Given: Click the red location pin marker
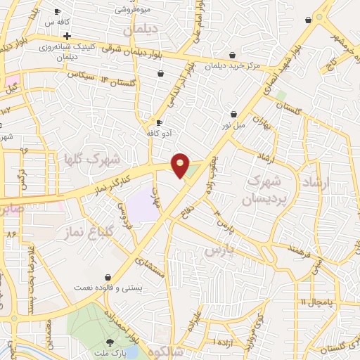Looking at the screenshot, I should pyautogui.click(x=181, y=165).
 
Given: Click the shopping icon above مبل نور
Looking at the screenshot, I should pyautogui.click(x=234, y=114).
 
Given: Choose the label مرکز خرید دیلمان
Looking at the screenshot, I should pyautogui.click(x=233, y=65).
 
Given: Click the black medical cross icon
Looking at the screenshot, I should pyautogui.click(x=66, y=35).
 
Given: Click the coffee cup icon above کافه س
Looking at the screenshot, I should pyautogui.click(x=59, y=12).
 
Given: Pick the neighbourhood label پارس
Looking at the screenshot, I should pyautogui.click(x=218, y=250).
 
